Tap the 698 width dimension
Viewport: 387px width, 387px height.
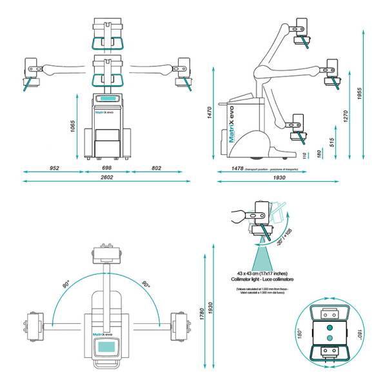click(x=107, y=168)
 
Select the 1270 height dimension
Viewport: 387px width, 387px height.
click(x=345, y=117)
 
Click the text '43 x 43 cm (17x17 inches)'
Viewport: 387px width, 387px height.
click(x=268, y=273)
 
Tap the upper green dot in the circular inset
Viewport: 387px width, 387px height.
click(x=330, y=326)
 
